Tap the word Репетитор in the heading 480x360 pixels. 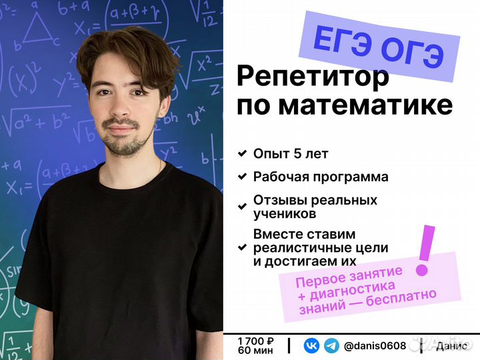313,78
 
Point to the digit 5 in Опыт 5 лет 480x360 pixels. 297,154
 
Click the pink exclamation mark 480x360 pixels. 424,251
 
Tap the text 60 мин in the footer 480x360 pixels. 253,351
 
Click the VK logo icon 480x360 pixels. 311,345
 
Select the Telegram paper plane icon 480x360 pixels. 331,345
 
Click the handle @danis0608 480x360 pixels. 375,345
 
